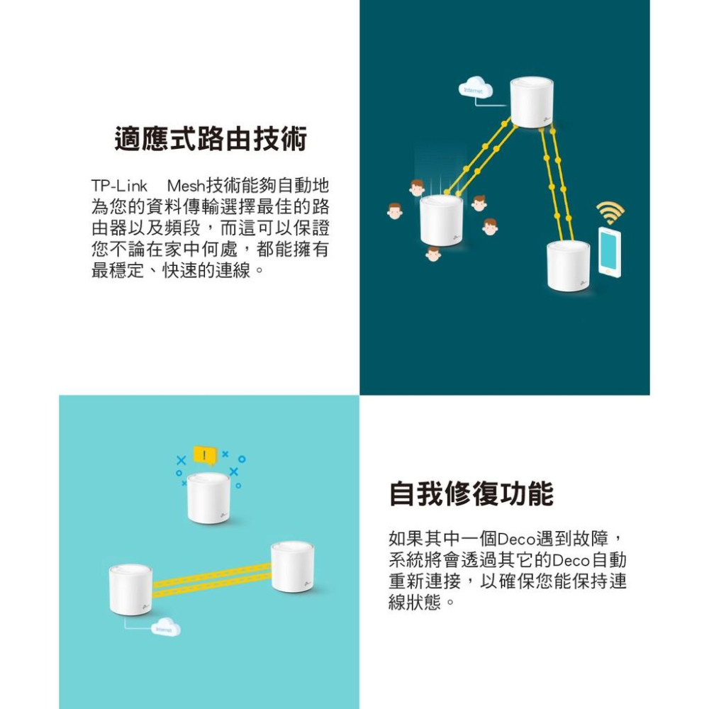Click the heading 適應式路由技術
pos(211,140)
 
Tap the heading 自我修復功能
pos(471,493)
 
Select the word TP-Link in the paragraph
pos(119,186)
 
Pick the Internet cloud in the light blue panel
pos(167,628)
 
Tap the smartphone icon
pos(608,251)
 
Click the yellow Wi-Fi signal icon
pos(610,212)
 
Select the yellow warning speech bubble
pos(204,456)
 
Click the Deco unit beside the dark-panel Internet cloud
pos(531,102)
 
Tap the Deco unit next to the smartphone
pos(568,265)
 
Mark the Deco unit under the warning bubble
pos(209,498)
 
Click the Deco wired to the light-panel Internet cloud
pos(130,590)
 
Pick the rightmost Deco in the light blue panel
pos(292,566)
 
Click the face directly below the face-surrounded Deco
pos(433,253)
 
